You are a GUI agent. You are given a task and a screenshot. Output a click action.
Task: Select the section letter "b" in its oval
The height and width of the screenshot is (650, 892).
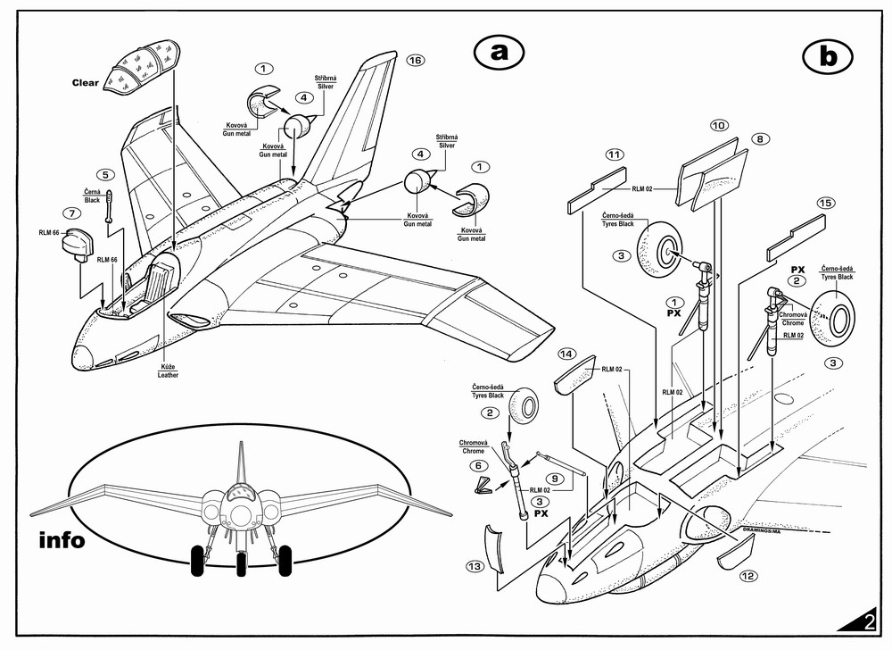829,56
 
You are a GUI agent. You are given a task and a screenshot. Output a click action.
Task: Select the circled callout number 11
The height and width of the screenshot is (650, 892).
614,154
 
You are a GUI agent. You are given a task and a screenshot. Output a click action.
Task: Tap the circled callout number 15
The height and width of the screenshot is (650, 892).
825,204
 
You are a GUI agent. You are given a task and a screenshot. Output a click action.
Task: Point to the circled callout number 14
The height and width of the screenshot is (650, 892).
566,354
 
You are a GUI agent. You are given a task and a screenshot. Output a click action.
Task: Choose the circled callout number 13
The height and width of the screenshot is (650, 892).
475,566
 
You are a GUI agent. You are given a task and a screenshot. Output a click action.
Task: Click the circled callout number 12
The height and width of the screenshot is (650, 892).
748,576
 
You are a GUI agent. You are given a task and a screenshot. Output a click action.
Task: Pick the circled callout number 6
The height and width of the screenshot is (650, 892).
478,465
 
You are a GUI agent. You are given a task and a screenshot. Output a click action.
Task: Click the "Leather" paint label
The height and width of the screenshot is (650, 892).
169,375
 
